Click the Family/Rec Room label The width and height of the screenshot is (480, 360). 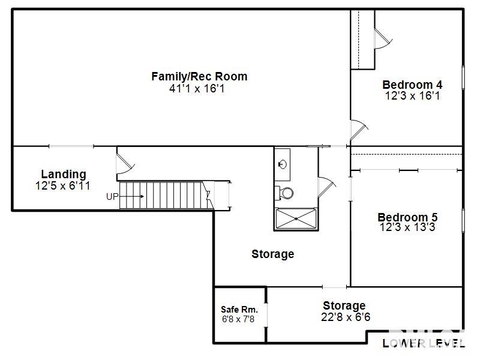[199, 77]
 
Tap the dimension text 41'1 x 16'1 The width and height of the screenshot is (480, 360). [199, 89]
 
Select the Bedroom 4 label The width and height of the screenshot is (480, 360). [412, 85]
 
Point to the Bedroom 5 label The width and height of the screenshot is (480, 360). [407, 217]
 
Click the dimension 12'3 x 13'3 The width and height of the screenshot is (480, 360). [407, 227]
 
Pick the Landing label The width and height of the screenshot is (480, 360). [63, 175]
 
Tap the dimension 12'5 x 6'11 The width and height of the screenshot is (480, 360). [63, 186]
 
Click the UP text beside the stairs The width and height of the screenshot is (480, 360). [112, 196]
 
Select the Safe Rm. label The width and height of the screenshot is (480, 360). [239, 310]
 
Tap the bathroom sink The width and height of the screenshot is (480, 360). [283, 164]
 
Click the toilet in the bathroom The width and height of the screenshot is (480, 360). [286, 193]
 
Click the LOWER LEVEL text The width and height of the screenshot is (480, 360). [424, 343]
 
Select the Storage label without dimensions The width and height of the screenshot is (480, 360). [272, 254]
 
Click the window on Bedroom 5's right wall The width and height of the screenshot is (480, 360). [463, 219]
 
